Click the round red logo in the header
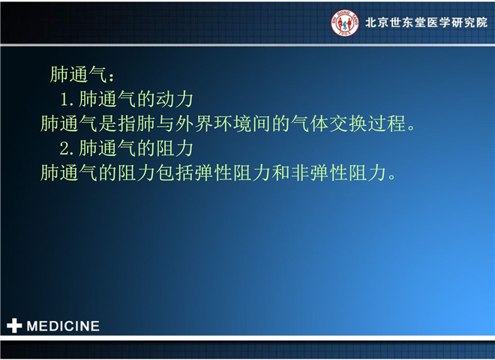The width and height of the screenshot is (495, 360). coord(345,22)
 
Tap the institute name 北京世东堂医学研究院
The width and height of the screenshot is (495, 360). coord(426,22)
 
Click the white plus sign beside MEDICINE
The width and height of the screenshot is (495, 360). coord(14,326)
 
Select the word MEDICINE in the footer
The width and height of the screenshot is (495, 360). coord(63,326)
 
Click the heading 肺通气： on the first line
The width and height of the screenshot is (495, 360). coord(82,75)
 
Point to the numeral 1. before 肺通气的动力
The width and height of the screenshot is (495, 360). coord(67,99)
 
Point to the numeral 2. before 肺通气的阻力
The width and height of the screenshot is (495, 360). coord(67,148)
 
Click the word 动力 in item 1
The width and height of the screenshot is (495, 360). coord(175,99)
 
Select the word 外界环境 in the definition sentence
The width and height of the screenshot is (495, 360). coord(214,124)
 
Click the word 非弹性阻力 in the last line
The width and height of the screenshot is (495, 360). coord(338,172)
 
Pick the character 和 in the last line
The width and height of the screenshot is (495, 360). coord(280,172)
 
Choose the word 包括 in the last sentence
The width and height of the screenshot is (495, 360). coord(175,172)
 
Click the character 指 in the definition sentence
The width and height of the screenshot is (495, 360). coord(127,124)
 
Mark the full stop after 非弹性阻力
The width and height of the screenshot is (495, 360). coord(391,177)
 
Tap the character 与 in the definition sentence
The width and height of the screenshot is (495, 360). coord(166,124)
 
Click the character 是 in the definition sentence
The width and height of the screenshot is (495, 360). coord(108,124)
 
